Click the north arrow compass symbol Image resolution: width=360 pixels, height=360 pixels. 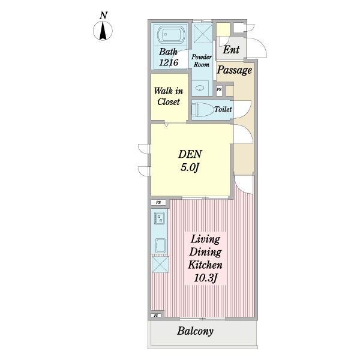[x=103, y=31]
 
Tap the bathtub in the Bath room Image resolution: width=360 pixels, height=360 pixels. [x=171, y=35]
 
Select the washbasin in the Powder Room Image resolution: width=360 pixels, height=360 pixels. [x=200, y=88]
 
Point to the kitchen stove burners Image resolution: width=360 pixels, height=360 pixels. [x=160, y=218]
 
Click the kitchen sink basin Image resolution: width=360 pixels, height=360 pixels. [x=160, y=245]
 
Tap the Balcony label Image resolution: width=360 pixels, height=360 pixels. [x=195, y=331]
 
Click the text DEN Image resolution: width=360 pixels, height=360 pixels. [x=190, y=154]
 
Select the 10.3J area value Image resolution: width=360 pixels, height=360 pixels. [x=205, y=278]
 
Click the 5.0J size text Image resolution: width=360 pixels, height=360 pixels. [x=190, y=167]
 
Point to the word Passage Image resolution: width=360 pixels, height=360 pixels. [x=235, y=70]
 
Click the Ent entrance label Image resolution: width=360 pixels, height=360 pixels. [x=231, y=50]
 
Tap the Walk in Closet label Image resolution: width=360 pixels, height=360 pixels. [x=169, y=97]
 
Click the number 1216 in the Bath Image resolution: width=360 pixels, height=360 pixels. [x=169, y=62]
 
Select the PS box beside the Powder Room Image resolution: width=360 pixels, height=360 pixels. [x=219, y=90]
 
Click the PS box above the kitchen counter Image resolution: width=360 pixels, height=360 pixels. [x=158, y=203]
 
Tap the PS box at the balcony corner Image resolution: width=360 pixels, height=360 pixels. [x=157, y=316]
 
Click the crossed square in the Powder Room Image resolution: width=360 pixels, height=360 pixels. [x=202, y=33]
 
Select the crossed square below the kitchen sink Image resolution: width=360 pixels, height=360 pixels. [x=160, y=264]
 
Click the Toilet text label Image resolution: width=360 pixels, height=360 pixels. [x=223, y=110]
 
